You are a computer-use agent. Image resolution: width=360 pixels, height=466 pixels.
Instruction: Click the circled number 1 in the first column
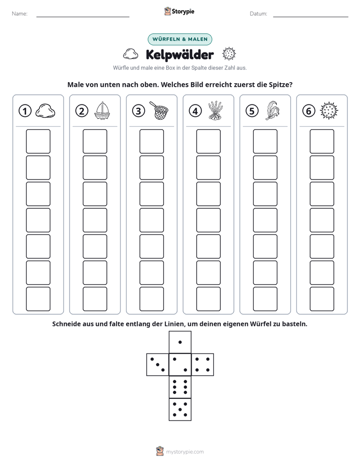coord(25,111)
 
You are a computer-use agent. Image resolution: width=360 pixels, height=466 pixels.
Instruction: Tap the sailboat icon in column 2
coord(102,110)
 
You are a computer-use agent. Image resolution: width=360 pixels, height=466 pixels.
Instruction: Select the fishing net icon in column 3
coord(159,110)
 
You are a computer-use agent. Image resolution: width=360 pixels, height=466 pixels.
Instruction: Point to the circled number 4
coord(195,111)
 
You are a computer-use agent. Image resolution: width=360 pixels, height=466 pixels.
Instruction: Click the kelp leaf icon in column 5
coord(272,110)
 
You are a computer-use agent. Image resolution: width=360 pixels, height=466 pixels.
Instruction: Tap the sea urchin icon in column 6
coord(329,110)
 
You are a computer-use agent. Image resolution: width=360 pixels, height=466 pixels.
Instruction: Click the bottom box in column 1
coord(38,299)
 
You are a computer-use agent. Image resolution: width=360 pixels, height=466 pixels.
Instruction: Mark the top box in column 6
coord(322,141)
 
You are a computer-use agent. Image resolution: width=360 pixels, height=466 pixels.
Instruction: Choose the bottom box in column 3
coord(151,299)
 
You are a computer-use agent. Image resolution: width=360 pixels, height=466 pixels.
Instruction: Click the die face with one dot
coord(180,342)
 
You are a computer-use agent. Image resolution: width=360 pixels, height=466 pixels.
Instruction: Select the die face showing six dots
coord(180,387)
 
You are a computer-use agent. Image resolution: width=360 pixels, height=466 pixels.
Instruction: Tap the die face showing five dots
coord(180,410)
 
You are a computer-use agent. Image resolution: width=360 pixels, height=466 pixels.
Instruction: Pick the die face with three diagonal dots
coord(158,365)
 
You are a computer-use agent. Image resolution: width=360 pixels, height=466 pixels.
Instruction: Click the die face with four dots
coord(203,365)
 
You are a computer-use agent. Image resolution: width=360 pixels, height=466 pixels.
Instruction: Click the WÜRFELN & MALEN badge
coord(180,39)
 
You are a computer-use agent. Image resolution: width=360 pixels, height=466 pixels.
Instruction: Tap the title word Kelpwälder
coord(179,54)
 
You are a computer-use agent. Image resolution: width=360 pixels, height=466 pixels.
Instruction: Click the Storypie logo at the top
coord(179,11)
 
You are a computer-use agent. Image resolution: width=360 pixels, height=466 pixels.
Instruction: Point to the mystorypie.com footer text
coord(185,452)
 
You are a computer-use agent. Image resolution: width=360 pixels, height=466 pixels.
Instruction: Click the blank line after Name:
coord(83,17)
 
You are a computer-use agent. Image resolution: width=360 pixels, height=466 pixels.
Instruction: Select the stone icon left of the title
coord(131,54)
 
